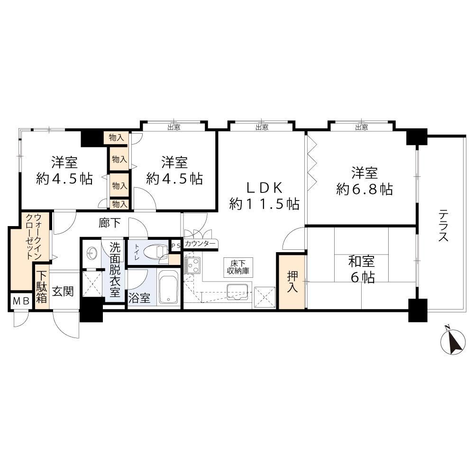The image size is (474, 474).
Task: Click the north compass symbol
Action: click(x=453, y=341)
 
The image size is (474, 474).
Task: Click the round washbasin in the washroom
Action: click(x=92, y=252)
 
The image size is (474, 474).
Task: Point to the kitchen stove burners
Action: click(x=192, y=265)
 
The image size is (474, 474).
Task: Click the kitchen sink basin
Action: click(x=237, y=292)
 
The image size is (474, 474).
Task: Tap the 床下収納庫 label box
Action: click(x=238, y=267)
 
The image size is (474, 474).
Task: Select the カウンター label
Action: click(x=200, y=244)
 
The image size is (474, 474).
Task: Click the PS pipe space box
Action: click(x=176, y=246)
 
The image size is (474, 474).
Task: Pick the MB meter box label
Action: click(x=21, y=301)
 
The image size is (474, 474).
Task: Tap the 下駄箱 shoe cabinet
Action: click(x=42, y=287)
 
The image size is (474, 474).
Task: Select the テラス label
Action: click(x=444, y=226)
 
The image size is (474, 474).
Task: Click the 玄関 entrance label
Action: click(x=63, y=292)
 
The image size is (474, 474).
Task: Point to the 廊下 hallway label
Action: click(x=109, y=223)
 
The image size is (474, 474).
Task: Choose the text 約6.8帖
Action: click(x=365, y=190)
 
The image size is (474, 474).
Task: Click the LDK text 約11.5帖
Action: click(x=264, y=204)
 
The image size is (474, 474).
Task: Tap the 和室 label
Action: click(x=362, y=262)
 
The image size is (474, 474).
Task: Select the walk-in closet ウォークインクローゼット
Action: click(x=29, y=250)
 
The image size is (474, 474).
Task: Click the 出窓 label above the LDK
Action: click(x=262, y=127)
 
